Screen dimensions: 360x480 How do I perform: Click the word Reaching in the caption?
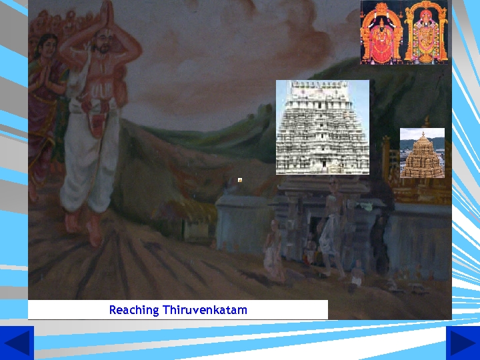[134, 310]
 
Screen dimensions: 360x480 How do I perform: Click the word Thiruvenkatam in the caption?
[205, 310]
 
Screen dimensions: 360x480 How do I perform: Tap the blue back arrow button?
[17, 343]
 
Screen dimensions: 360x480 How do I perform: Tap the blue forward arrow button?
[462, 343]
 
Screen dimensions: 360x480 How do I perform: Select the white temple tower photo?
[322, 127]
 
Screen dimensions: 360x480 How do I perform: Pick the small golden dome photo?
[421, 153]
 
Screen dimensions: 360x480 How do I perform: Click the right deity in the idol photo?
[426, 33]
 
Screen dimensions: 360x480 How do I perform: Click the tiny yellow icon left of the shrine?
[239, 179]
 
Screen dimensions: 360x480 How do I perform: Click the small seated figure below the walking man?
[357, 272]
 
